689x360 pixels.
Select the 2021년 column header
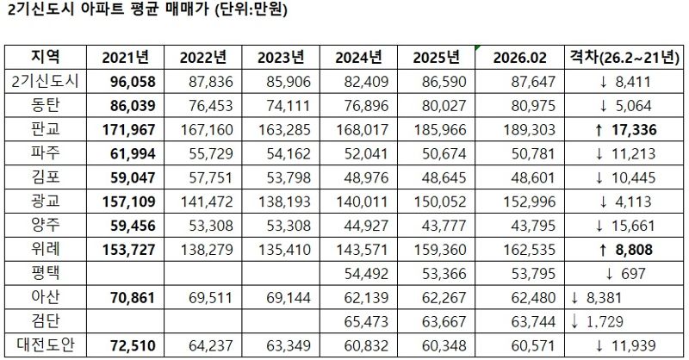(126, 58)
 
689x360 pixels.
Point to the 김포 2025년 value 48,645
(442, 177)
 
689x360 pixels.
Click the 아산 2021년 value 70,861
(126, 299)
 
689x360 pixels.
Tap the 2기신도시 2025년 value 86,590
(442, 81)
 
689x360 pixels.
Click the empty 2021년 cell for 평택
(126, 275)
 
